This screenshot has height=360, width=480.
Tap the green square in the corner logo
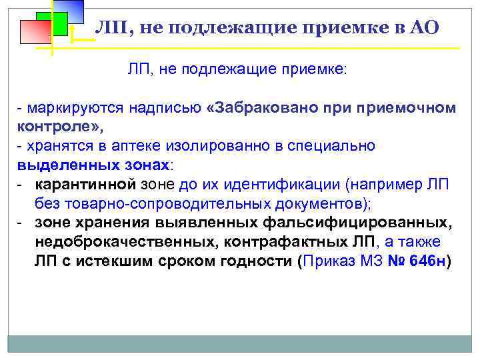(x=52, y=25)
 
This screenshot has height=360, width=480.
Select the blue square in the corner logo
(x=69, y=10)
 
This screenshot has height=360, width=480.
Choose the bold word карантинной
(x=85, y=184)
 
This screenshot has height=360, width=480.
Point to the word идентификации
(x=281, y=184)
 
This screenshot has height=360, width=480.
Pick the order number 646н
(x=431, y=261)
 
